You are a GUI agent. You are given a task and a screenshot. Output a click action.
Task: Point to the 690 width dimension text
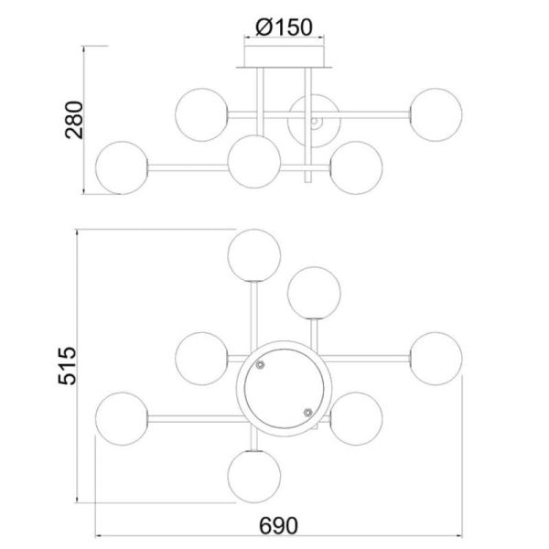[x=280, y=527]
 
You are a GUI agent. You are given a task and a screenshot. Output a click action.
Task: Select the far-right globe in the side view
[x=436, y=114]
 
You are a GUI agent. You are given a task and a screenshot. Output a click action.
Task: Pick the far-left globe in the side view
[x=124, y=167]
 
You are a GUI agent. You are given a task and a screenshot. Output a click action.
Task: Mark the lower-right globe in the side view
[x=355, y=167]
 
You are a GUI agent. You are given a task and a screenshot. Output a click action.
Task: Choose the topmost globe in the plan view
[x=253, y=256]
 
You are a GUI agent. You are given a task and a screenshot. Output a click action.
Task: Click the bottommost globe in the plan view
[x=253, y=476]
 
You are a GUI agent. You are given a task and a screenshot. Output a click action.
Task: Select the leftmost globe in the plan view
[x=124, y=418]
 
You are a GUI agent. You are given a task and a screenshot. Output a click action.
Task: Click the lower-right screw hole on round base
[x=307, y=412]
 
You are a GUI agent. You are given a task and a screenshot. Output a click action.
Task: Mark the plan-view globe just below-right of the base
[x=355, y=418]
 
